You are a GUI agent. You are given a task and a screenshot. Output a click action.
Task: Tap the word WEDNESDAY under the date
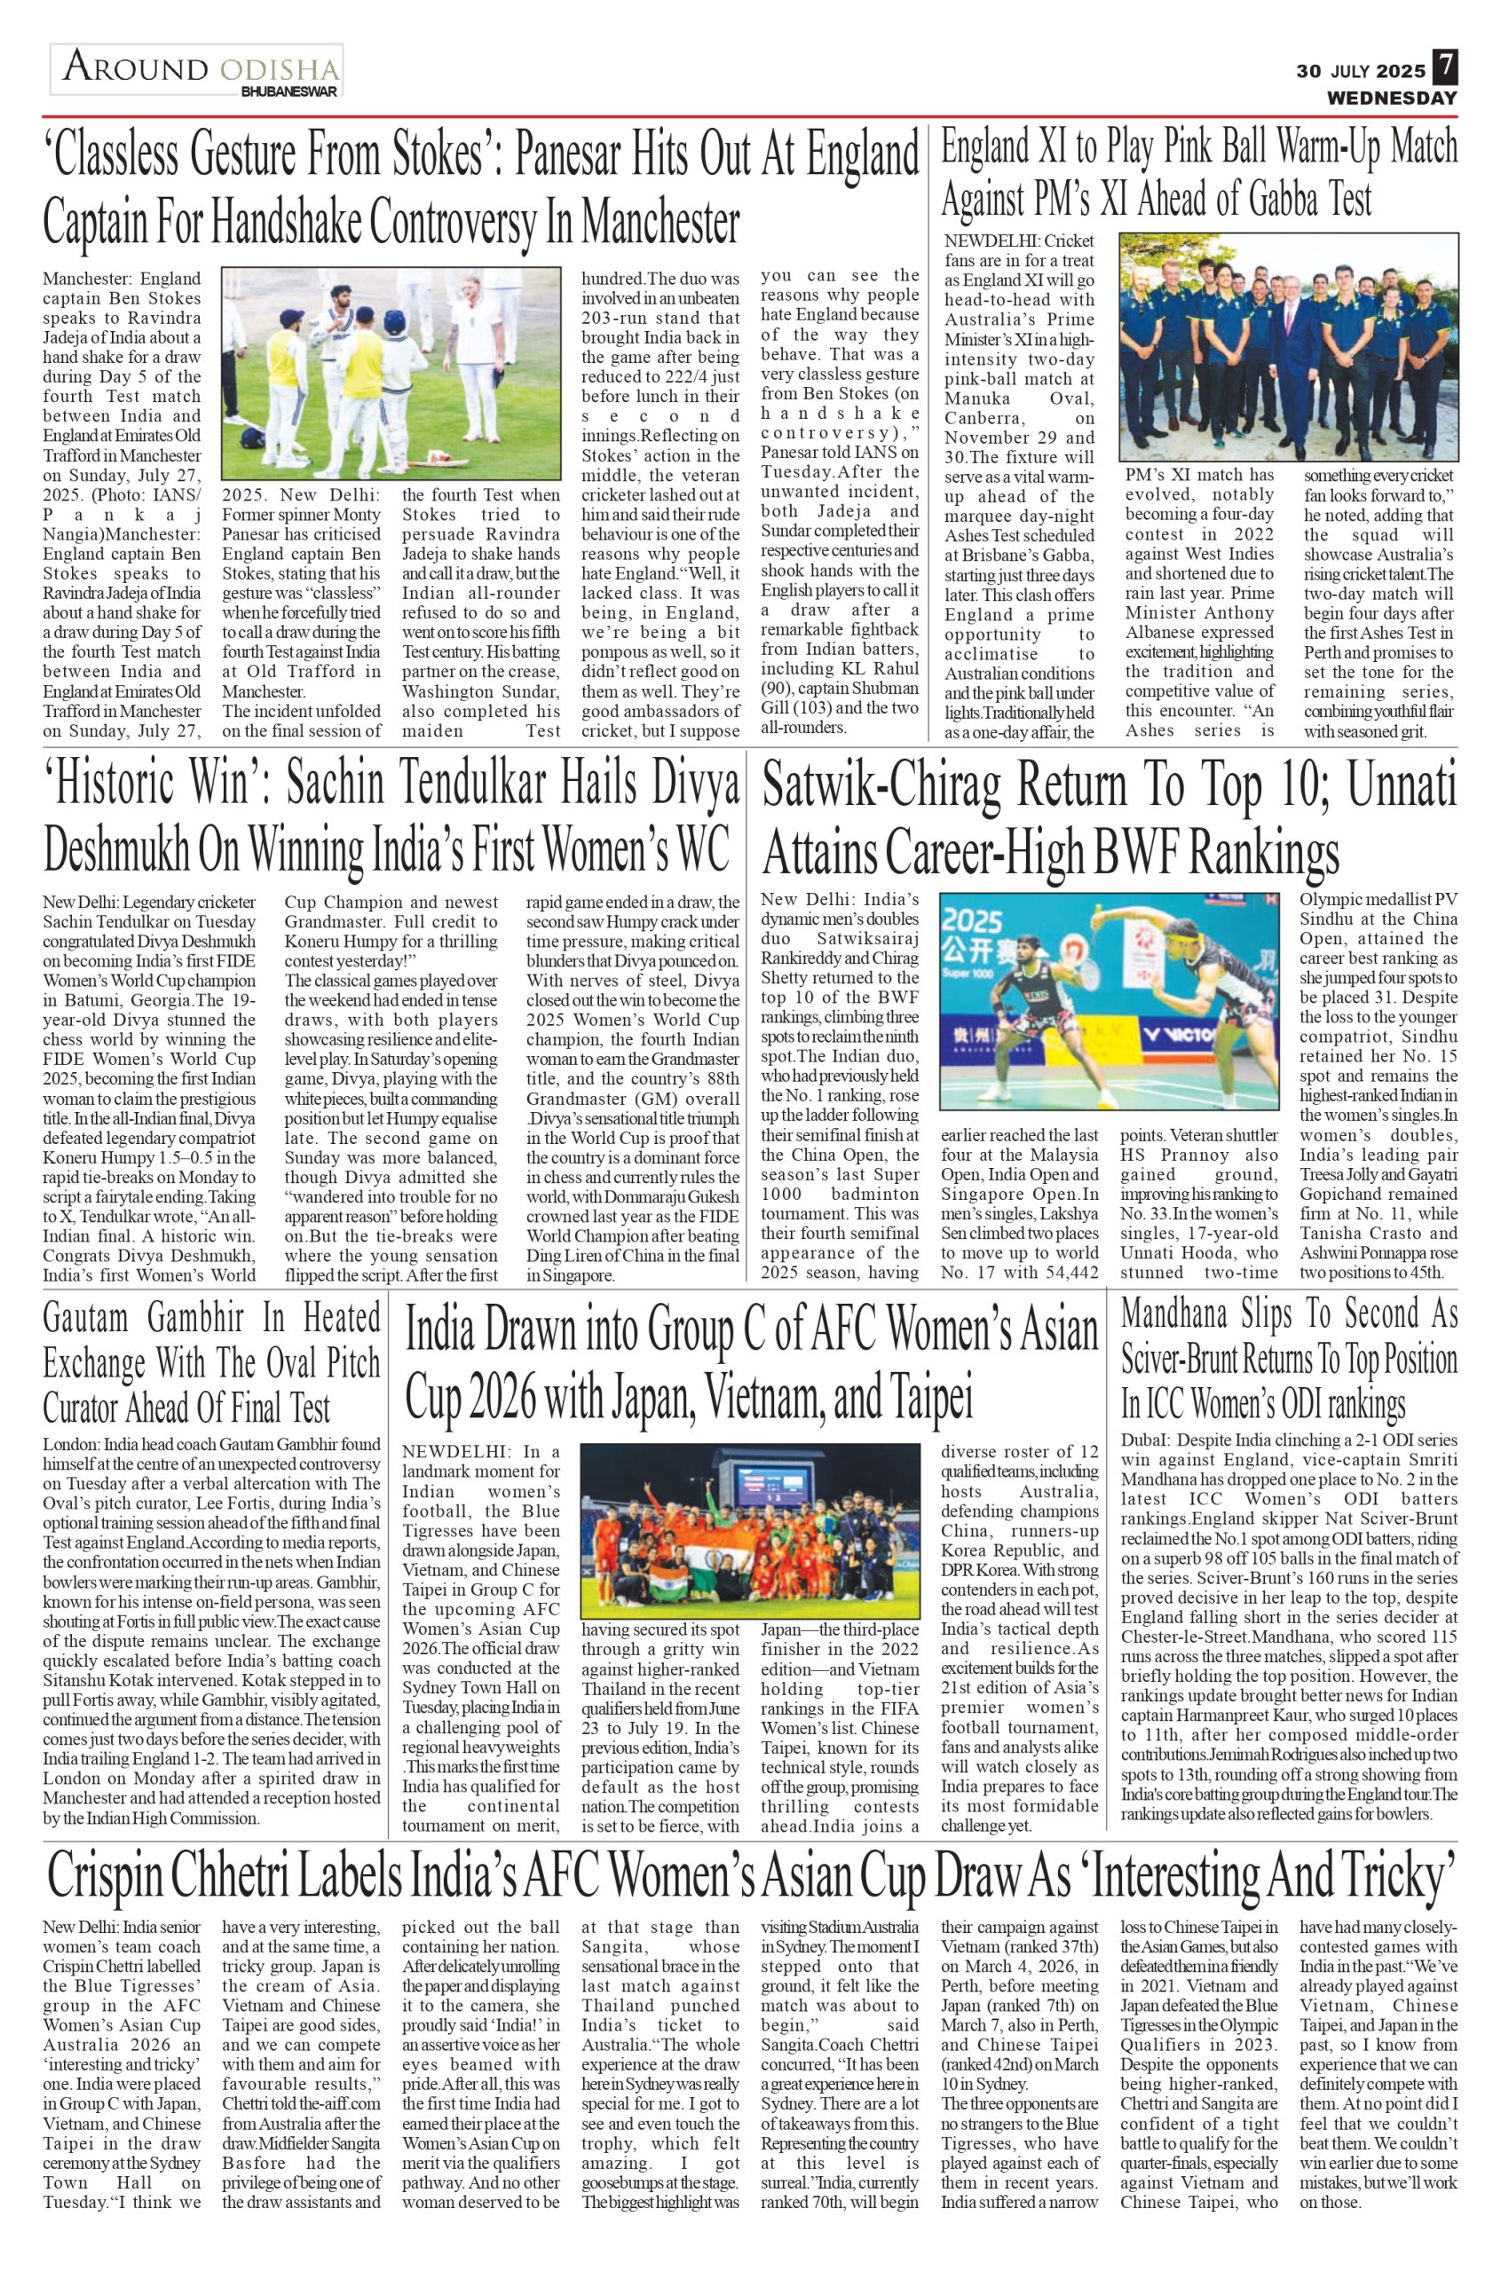(x=1391, y=98)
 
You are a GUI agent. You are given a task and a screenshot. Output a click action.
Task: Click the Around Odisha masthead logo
(x=196, y=69)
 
